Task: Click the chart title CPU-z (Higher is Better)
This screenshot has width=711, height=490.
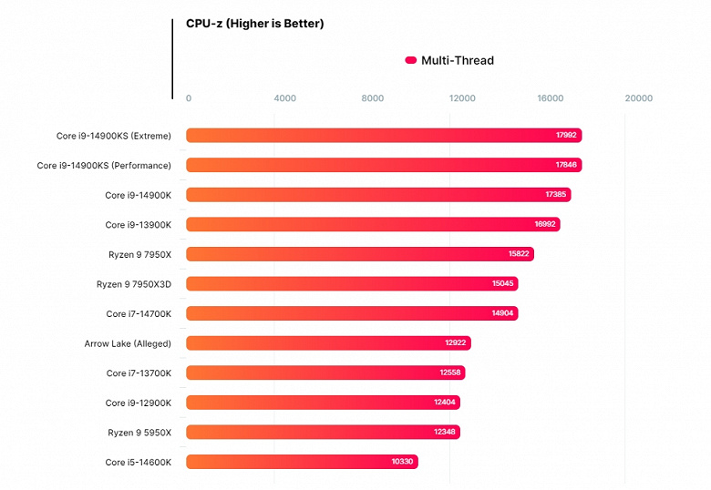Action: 254,24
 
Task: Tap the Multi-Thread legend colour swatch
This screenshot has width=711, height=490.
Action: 410,61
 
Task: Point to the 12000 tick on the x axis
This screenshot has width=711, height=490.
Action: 462,98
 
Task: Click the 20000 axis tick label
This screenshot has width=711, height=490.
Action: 638,98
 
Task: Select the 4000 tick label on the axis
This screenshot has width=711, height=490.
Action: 284,98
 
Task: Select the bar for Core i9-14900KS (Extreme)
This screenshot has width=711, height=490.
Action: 384,136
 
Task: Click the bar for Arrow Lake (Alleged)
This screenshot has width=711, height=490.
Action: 328,343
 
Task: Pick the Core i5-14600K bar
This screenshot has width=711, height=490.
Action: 302,462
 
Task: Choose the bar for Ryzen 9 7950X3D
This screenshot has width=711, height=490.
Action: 352,284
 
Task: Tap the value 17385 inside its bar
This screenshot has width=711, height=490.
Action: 556,195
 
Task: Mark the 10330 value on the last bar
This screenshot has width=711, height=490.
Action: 403,462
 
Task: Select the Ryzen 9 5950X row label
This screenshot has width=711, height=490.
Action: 139,432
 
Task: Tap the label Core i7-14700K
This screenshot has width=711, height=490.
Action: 139,313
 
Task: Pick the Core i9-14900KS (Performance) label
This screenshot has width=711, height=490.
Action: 104,166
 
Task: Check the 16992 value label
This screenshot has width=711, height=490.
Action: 545,225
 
